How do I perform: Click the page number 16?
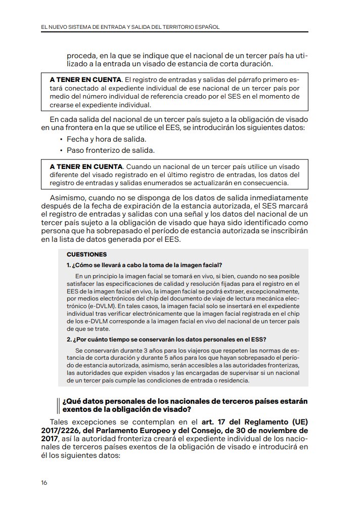[x=44, y=482]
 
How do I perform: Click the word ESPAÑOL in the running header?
[x=206, y=26]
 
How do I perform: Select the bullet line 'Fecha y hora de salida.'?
[x=106, y=139]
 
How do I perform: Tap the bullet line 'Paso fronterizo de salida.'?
[x=110, y=150]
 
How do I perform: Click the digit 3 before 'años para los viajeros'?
[x=146, y=350]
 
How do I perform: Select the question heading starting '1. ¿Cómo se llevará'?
[x=144, y=266]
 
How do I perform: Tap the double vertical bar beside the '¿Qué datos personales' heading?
[x=59, y=405]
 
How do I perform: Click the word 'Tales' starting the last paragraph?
[x=61, y=422]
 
